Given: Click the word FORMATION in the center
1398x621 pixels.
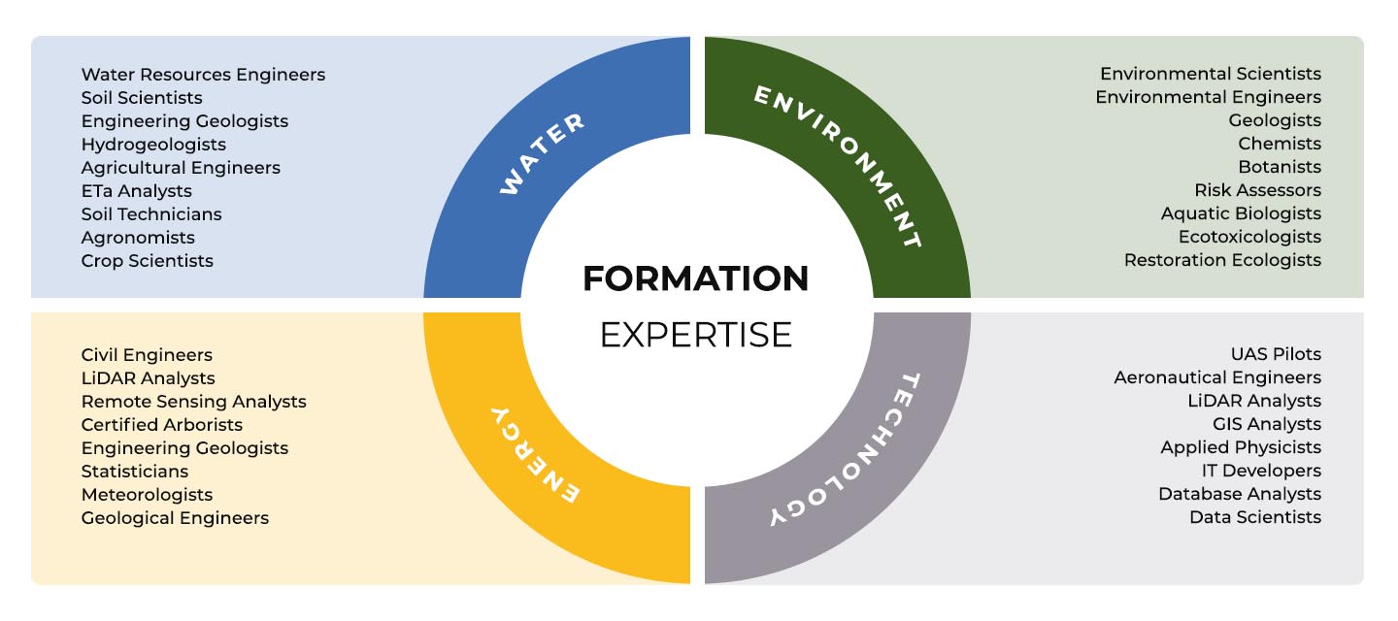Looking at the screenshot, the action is (696, 278).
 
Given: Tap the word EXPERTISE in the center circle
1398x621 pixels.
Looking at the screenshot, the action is (696, 335).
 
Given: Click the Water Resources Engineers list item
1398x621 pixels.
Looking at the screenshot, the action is (203, 75).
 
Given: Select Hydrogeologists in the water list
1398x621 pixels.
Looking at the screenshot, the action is (153, 145).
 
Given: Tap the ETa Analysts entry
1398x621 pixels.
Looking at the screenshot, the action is (136, 191).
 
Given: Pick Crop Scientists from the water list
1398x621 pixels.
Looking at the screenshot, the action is (148, 261).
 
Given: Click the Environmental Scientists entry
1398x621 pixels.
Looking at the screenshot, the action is (1210, 74).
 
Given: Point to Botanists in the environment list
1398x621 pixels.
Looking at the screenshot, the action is (1280, 167).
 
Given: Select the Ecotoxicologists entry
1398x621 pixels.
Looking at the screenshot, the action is (1249, 237).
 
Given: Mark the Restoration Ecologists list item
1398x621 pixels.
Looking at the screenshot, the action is (1222, 260).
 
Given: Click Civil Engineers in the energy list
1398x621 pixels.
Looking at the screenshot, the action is (147, 355).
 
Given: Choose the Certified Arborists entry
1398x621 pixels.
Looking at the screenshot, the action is (161, 425).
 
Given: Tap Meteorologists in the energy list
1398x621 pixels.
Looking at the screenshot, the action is (147, 495).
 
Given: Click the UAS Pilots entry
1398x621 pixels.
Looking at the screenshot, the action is (1276, 354).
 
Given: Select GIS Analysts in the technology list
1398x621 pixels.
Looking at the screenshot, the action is (1267, 424).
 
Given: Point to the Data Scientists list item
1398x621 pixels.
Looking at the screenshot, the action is (1255, 517).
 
